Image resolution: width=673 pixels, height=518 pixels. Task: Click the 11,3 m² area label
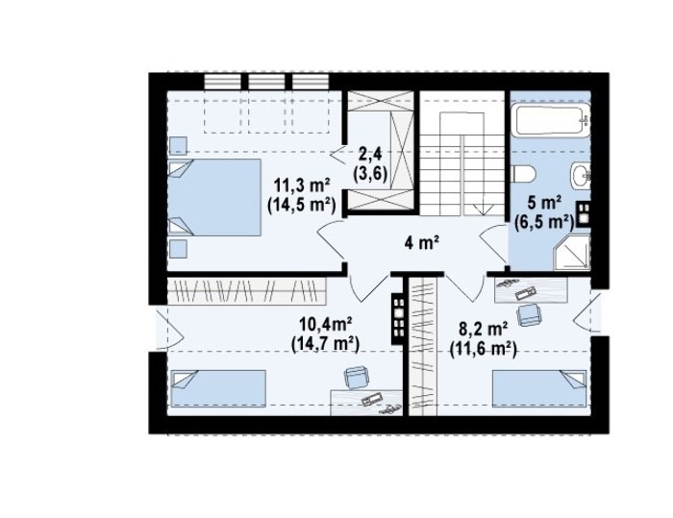(x=302, y=186)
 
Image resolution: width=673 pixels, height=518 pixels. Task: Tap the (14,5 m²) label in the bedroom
(x=301, y=205)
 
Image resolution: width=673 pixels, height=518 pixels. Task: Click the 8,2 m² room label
(x=484, y=330)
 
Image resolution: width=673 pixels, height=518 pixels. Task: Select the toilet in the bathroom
(x=523, y=174)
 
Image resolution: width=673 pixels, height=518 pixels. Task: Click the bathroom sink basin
(x=581, y=175)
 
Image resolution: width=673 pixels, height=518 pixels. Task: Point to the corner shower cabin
(x=572, y=253)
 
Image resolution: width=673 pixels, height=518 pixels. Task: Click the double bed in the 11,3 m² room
(x=214, y=197)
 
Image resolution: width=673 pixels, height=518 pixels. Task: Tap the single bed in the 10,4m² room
(x=218, y=388)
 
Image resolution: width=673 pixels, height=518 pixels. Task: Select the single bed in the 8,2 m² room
(x=539, y=388)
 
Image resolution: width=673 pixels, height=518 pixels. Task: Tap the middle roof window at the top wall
(x=266, y=82)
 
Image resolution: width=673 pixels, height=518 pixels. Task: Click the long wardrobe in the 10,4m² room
(x=246, y=290)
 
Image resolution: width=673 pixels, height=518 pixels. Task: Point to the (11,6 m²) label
(x=484, y=349)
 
